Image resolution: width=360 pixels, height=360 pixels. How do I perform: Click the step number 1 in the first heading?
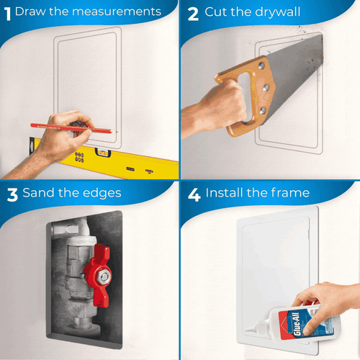tap(7, 12)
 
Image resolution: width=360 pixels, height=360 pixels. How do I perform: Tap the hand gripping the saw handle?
tap(209, 108)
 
